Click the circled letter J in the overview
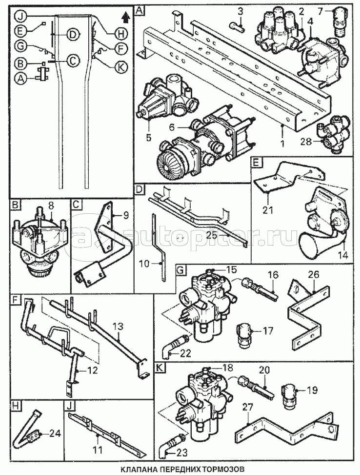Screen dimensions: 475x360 [x=21, y=15]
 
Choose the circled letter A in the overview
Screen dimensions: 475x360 [x=21, y=77]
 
